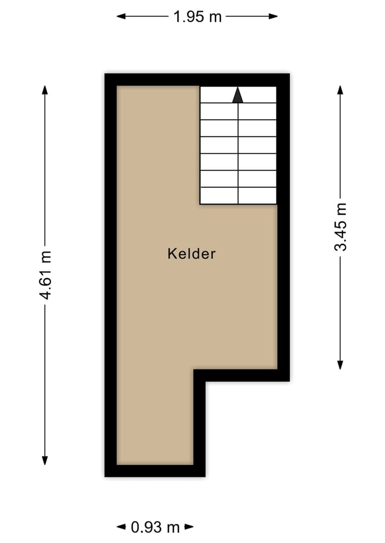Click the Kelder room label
[x=191, y=254]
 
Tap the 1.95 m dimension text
[x=197, y=17]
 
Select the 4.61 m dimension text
[x=46, y=274]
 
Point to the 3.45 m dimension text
[x=341, y=226]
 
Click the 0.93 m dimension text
[x=155, y=528]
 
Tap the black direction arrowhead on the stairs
[x=238, y=95]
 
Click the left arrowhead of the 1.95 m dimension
[x=121, y=17]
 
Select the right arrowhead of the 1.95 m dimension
[x=274, y=17]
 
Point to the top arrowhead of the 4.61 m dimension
[x=45, y=89]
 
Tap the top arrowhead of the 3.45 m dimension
[x=340, y=89]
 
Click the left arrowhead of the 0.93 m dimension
[x=120, y=528]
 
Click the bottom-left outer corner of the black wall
[x=105, y=476]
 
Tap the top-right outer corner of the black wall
[x=289, y=74]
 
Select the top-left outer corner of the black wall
[x=105, y=74]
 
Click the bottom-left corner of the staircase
[x=201, y=204]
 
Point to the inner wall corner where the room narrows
[x=194, y=369]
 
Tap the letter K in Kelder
[x=171, y=254]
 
